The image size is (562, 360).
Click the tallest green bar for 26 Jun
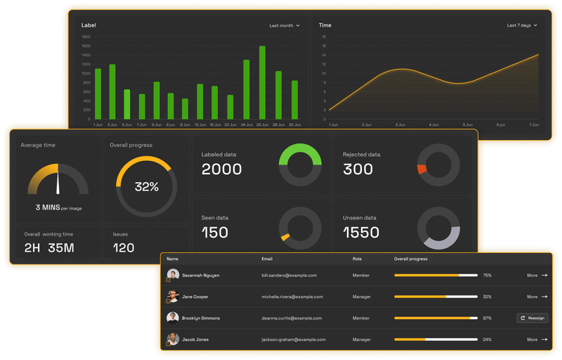point(262,83)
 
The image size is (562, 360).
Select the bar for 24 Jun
point(247,89)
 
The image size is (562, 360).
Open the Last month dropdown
point(285,25)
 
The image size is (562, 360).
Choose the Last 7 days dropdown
point(522,25)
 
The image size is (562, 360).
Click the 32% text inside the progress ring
point(147,187)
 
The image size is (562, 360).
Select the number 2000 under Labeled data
point(221,169)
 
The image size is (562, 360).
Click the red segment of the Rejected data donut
point(421,169)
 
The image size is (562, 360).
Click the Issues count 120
point(124,247)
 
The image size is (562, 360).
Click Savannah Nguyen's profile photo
point(173,275)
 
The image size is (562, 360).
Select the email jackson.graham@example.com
point(292,340)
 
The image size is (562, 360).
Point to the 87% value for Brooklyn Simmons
point(488,318)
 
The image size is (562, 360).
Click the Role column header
point(357,259)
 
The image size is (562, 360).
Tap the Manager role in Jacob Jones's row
point(362,340)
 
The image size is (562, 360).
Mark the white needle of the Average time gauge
point(58,182)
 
